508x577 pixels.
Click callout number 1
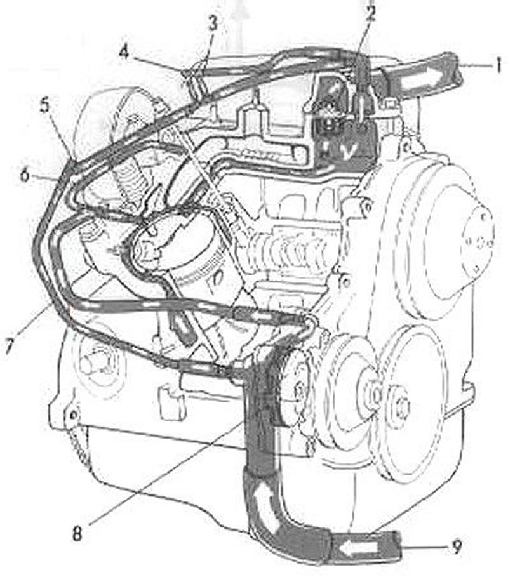498,66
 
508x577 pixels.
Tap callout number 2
370,13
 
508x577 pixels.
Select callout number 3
213,24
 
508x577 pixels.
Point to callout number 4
124,53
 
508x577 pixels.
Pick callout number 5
44,105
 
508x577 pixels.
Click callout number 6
24,175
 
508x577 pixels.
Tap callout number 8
77,534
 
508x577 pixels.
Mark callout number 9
456,547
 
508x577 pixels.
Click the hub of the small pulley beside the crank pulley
402,405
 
